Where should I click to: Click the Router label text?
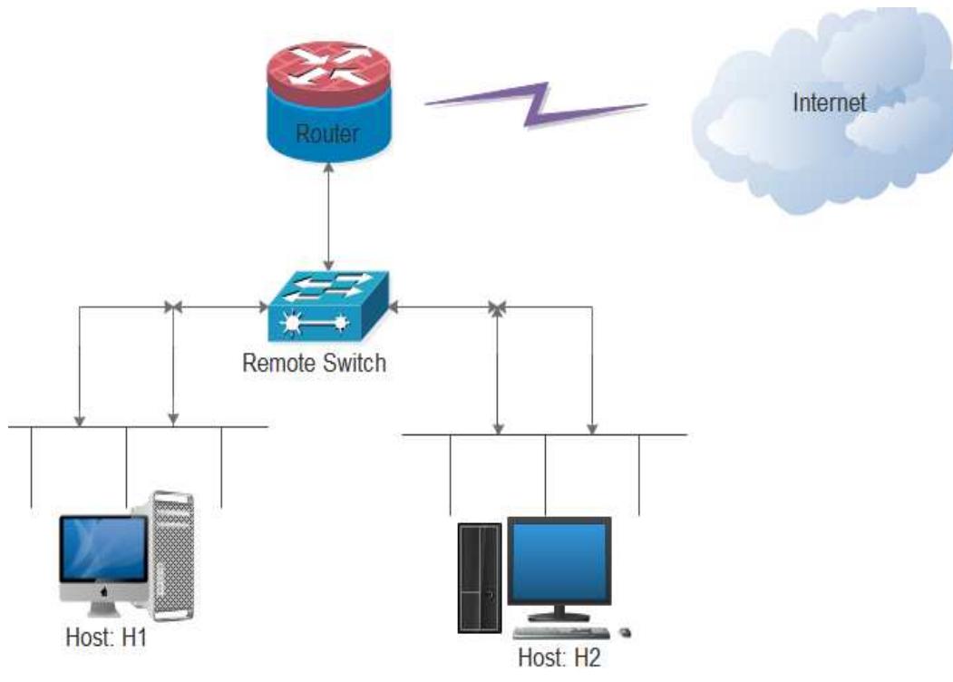[x=326, y=134]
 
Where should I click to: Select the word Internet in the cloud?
[x=829, y=102]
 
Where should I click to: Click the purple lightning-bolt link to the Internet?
[x=537, y=105]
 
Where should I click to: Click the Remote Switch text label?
[x=314, y=364]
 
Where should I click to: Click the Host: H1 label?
[x=106, y=638]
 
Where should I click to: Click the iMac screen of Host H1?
[x=103, y=549]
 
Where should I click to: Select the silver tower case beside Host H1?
[x=172, y=553]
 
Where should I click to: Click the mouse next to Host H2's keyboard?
[x=624, y=631]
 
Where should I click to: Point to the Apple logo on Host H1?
[x=104, y=590]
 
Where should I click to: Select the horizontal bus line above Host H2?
[x=544, y=435]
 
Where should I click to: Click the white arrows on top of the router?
[x=326, y=65]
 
